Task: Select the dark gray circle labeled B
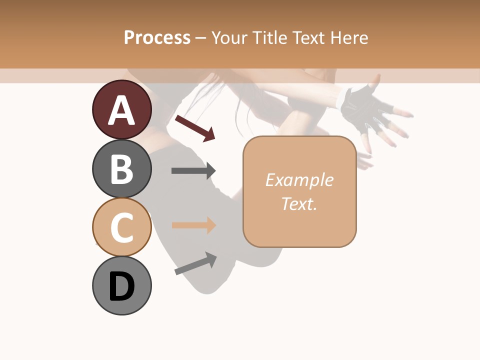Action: coord(121,168)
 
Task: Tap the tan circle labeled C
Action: coord(121,227)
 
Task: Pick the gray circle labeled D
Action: coord(121,285)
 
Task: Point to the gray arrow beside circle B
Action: coord(193,170)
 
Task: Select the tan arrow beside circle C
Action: coord(193,225)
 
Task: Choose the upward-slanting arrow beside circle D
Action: coord(195,263)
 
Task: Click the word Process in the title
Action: coord(157,37)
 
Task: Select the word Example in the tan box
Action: coord(299,180)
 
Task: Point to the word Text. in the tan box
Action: coord(299,203)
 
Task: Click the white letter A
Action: coord(121,110)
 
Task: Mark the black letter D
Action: coord(121,287)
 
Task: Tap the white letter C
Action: coord(121,228)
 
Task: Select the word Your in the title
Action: coord(230,37)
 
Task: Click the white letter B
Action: coord(121,169)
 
